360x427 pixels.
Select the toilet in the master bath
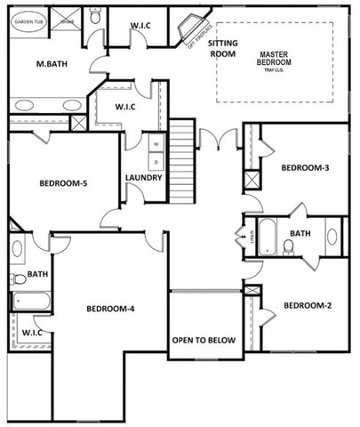[95, 15]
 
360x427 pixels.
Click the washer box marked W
[156, 143]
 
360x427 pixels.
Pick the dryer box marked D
[156, 161]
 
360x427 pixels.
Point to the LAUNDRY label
[143, 178]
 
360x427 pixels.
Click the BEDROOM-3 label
[306, 167]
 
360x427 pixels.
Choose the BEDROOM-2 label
[307, 306]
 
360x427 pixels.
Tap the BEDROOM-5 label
[63, 184]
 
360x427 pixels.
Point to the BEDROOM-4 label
[109, 309]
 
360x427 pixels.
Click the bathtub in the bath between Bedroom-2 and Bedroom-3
[268, 237]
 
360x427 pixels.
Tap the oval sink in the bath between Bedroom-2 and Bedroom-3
[332, 237]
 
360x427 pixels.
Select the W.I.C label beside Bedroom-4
[32, 332]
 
